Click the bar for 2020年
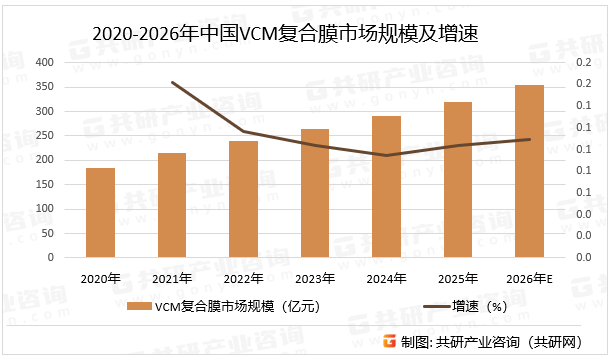click(100, 212)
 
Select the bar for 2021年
click(171, 205)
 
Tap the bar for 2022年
click(243, 199)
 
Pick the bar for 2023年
click(315, 193)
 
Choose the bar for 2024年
click(386, 186)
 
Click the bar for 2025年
click(458, 179)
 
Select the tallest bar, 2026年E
click(530, 171)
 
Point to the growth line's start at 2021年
click(172, 82)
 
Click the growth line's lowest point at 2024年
click(386, 155)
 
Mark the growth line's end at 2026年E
click(530, 139)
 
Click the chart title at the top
click(285, 34)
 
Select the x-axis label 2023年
click(315, 277)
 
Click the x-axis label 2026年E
click(530, 277)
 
